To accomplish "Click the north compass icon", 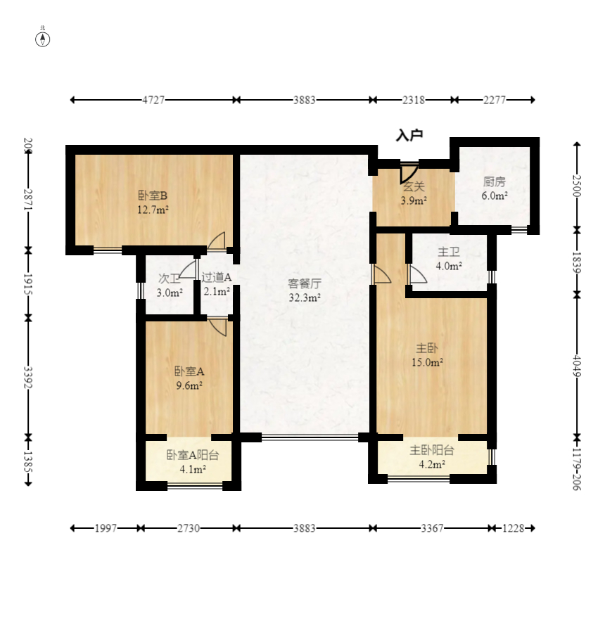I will tap(43, 39).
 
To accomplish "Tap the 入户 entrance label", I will tap(409, 136).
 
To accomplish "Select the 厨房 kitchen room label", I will tap(495, 182).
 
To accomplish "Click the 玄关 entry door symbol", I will tap(409, 173).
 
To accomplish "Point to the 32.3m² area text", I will tap(305, 297).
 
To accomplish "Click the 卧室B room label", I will tap(152, 196).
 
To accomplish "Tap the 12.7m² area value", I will tap(153, 210).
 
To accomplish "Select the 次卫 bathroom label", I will tap(169, 278).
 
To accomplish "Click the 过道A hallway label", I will tap(217, 277).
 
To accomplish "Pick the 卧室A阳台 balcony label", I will tap(193, 455).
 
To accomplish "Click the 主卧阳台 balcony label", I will tap(432, 450).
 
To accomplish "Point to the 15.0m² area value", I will tap(427, 363).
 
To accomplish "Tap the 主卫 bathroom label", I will tap(449, 252).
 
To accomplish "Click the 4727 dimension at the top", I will tap(153, 100).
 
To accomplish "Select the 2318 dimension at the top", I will tap(413, 100).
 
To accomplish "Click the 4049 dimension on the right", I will tap(577, 366).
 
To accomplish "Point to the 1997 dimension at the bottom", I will tap(106, 528).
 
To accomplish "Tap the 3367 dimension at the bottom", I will tap(432, 528).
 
